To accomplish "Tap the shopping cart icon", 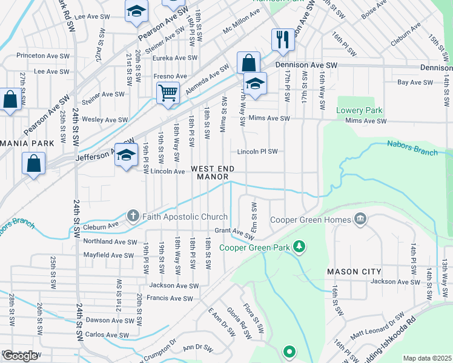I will pyautogui.click(x=168, y=93).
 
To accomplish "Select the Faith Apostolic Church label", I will pyautogui.click(x=185, y=217).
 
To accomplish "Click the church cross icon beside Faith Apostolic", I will pyautogui.click(x=133, y=216).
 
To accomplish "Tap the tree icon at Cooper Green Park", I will pyautogui.click(x=298, y=246).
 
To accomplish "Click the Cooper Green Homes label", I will pyautogui.click(x=311, y=219).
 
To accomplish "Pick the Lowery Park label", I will pyautogui.click(x=360, y=111).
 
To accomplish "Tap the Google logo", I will pyautogui.click(x=21, y=356).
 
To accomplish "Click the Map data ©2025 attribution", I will pyautogui.click(x=427, y=358).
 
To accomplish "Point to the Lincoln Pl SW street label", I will pyautogui.click(x=257, y=151).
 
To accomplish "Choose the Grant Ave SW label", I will pyautogui.click(x=234, y=232).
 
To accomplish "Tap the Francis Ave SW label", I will pyautogui.click(x=170, y=298).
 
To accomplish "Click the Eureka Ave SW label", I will pyautogui.click(x=175, y=58).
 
